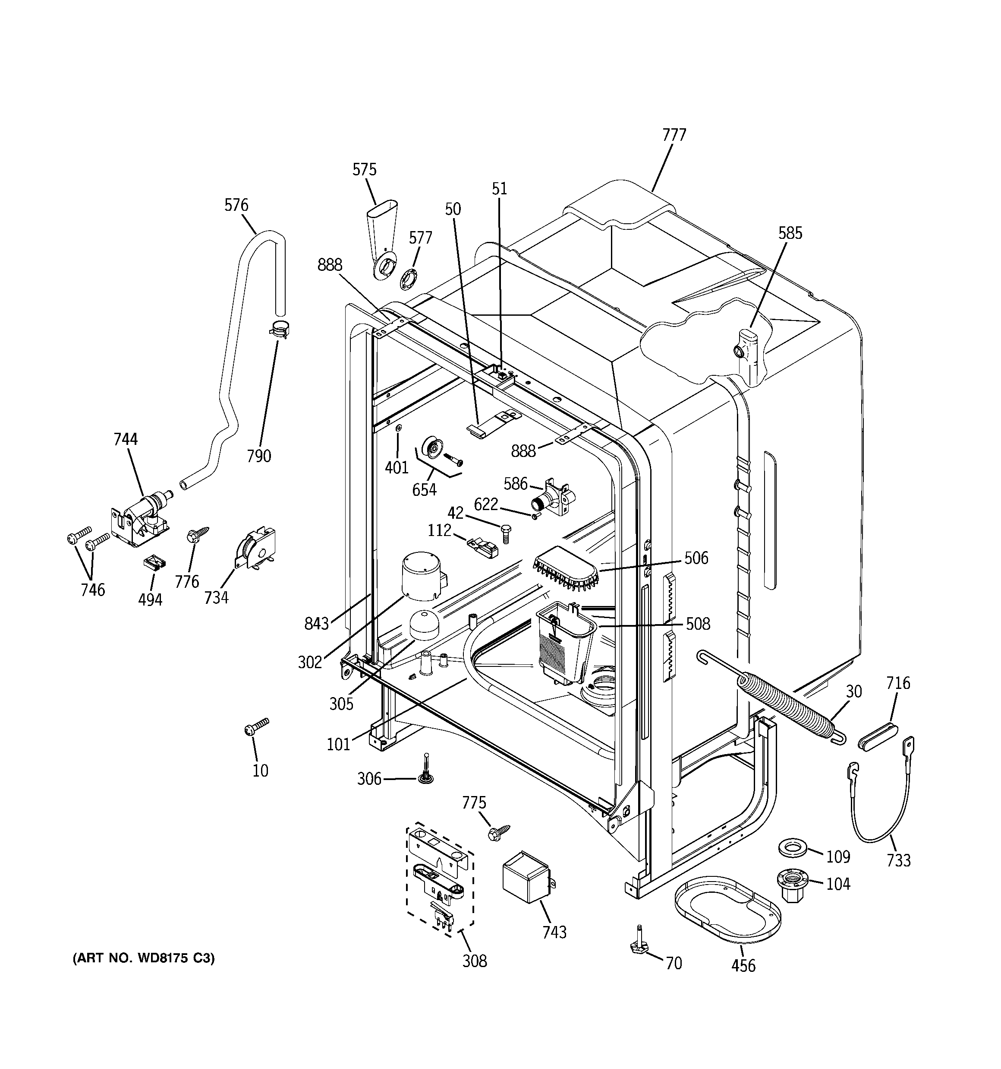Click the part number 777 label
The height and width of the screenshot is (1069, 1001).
[674, 134]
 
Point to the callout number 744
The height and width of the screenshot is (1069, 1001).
[125, 439]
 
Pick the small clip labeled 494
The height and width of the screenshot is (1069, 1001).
[154, 563]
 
